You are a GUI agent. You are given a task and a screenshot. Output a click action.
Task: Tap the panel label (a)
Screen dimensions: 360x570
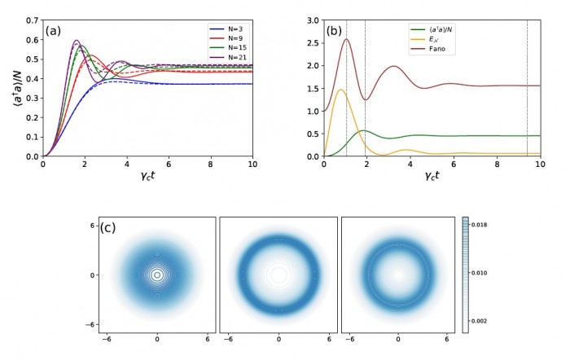point(55,31)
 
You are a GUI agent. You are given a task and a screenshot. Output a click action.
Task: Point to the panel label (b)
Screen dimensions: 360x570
point(335,31)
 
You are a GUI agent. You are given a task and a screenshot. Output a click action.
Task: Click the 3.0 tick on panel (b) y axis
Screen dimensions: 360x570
point(313,19)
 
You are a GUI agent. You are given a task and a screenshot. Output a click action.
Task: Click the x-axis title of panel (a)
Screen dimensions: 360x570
point(147,176)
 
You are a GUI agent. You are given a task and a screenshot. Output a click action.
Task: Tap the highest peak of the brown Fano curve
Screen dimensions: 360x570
point(346,39)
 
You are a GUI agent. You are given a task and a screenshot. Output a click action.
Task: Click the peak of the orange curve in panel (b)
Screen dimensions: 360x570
point(340,90)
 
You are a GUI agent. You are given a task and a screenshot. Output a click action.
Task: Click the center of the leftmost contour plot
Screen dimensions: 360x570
point(157,274)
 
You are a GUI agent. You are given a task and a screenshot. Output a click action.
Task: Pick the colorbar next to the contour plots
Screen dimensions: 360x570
point(465,273)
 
